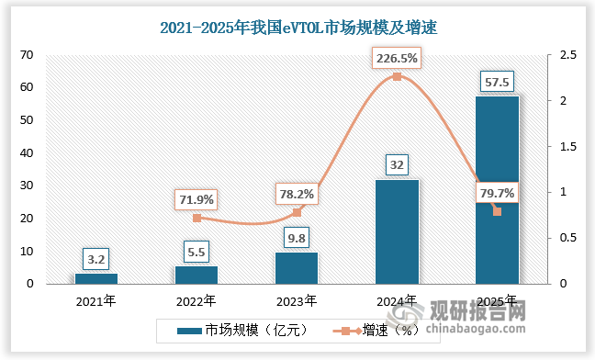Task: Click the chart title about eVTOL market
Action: point(297,28)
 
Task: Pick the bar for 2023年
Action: point(297,267)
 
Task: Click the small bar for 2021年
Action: point(96,278)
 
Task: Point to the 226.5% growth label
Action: point(396,59)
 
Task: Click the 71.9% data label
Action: point(196,198)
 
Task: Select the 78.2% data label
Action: point(297,194)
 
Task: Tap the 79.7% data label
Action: point(497,193)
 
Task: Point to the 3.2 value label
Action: point(96,258)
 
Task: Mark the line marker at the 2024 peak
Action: point(397,76)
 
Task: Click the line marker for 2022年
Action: point(196,218)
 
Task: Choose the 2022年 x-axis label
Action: point(196,300)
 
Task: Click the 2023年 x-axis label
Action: point(297,300)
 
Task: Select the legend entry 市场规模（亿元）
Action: point(239,329)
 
